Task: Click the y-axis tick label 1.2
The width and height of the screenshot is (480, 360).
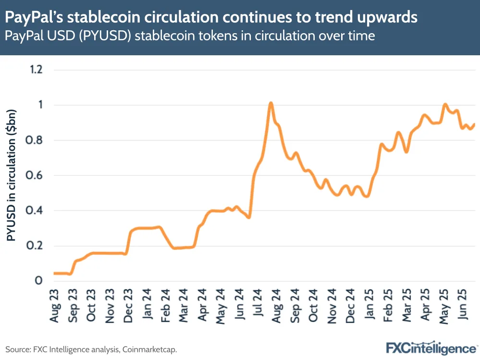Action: pos(36,70)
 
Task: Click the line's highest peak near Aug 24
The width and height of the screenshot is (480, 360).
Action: pos(271,103)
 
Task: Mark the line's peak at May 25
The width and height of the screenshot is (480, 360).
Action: pos(445,104)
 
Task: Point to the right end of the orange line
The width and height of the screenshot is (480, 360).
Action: pos(474,124)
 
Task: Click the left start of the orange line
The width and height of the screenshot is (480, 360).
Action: pos(54,273)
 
